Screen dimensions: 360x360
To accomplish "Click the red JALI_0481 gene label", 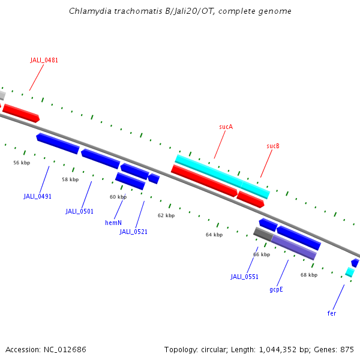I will (44, 60).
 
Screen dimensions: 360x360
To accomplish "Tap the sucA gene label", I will (226, 127).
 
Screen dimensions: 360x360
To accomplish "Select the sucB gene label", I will (273, 146).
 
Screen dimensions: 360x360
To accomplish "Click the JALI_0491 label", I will (38, 196).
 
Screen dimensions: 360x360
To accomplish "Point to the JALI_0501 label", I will (80, 211).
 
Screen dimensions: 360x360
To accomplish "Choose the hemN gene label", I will (113, 223).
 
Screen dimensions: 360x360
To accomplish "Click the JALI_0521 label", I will (133, 232).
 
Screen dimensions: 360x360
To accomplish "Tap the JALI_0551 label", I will (244, 277).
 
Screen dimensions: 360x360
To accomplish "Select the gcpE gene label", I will (276, 289).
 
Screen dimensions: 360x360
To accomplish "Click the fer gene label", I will (332, 313).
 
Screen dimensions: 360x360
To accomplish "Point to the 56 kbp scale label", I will (22, 163).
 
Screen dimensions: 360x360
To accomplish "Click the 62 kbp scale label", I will (166, 215).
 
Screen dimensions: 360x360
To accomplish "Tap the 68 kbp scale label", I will (309, 275).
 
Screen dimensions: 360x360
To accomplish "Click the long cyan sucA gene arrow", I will (222, 176).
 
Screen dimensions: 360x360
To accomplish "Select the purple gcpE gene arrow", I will (293, 247).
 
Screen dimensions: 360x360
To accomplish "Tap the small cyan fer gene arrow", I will (350, 272).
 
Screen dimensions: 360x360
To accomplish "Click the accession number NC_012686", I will (65, 349).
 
